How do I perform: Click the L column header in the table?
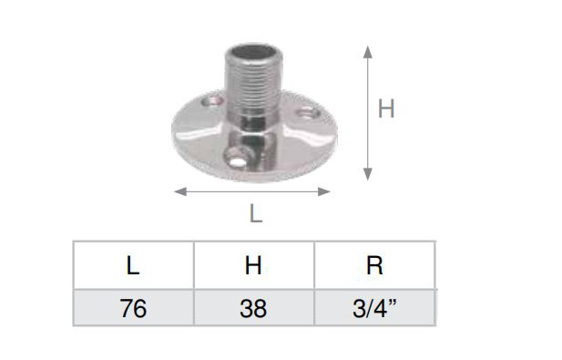(x=133, y=266)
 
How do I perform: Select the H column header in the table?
(x=253, y=266)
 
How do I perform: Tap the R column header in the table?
(x=374, y=266)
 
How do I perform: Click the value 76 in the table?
(x=133, y=308)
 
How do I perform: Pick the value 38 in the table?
(x=253, y=308)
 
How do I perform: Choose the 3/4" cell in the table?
(x=374, y=308)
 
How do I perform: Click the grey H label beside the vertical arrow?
(x=386, y=108)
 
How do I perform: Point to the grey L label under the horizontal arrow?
(x=256, y=213)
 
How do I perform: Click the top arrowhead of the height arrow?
(x=368, y=52)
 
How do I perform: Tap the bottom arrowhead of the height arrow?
(x=368, y=174)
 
